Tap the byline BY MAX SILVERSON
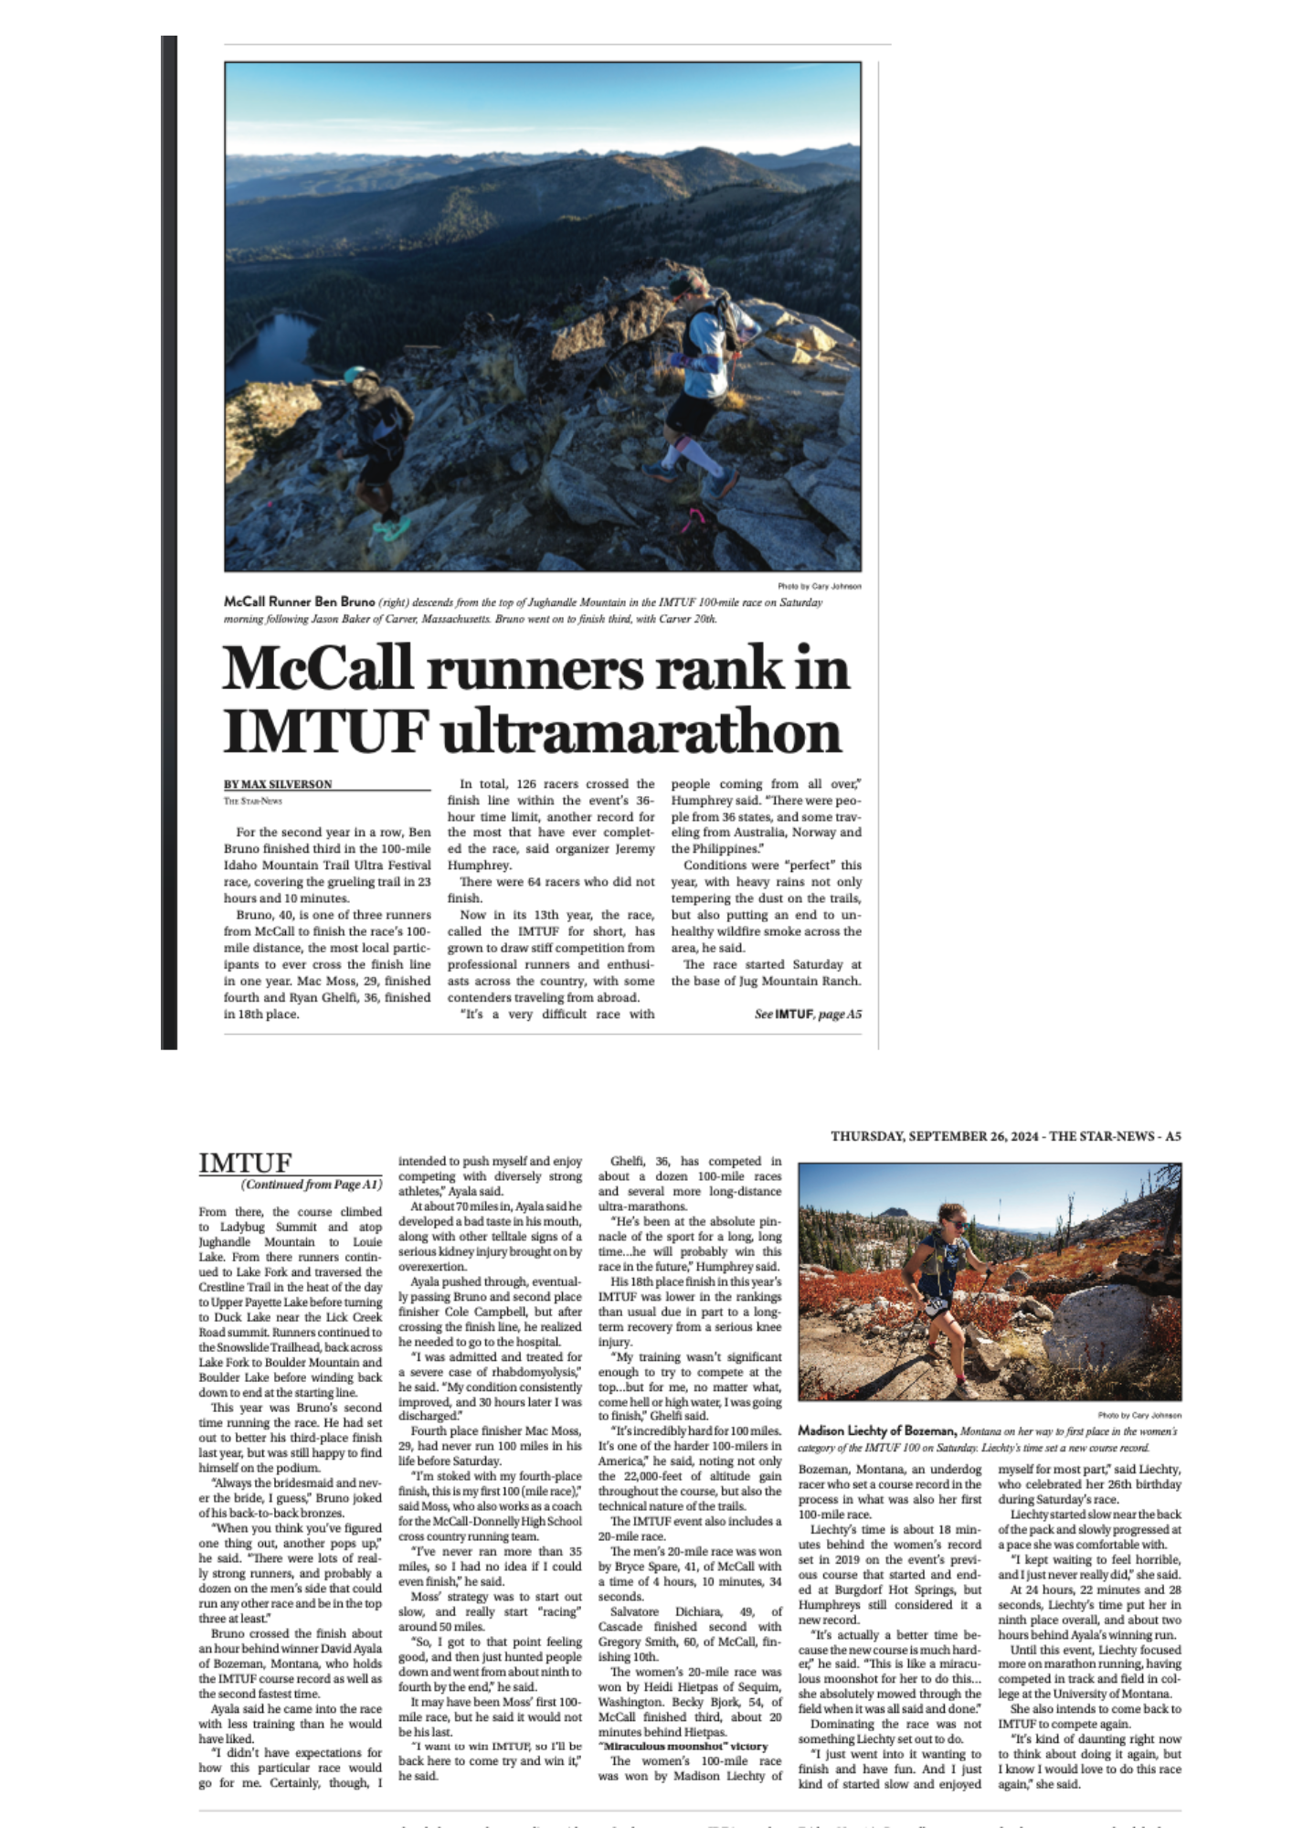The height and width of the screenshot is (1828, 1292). [278, 784]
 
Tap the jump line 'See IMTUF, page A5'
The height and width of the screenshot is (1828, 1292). [808, 1014]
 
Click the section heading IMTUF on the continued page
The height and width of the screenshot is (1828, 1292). [245, 1163]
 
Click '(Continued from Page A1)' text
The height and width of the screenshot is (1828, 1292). [312, 1185]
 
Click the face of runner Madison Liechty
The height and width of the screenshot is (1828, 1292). [950, 1222]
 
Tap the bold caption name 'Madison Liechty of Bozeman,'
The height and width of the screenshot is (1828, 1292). [877, 1430]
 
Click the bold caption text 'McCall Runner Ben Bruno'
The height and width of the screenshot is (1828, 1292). [300, 601]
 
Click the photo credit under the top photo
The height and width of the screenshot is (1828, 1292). [819, 586]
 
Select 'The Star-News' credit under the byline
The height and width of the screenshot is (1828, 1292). [253, 802]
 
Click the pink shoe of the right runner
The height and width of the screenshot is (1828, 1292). [694, 518]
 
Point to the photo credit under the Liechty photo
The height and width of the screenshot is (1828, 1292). [1138, 1415]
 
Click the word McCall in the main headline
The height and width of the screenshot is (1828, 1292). [317, 669]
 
